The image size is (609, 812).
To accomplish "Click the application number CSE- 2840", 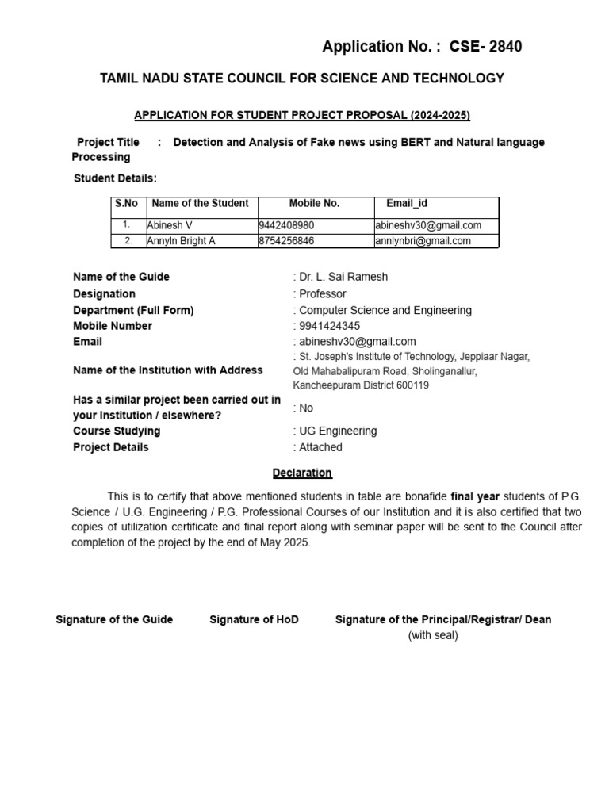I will [x=485, y=47].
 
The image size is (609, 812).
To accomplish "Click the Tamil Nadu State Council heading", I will [x=301, y=78].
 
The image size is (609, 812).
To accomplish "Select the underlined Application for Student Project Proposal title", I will [x=302, y=115].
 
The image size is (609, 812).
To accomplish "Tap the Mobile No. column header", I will [x=314, y=204].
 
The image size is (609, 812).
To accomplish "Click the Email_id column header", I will [x=407, y=204].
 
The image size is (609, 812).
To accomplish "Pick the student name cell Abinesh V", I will [x=170, y=225].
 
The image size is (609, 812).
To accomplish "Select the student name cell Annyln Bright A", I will [x=181, y=241].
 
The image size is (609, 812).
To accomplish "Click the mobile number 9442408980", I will [x=286, y=225].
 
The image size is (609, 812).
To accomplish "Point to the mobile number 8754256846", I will [x=286, y=241].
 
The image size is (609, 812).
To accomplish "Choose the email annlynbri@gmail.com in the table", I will [x=423, y=241].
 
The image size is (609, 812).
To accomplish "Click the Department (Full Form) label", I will [x=133, y=310].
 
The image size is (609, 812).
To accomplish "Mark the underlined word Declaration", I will [x=302, y=473].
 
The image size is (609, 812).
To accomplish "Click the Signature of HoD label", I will [x=254, y=619].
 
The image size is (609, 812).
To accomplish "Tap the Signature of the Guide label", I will [x=114, y=619].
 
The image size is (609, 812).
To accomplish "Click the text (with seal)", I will [x=433, y=635].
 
